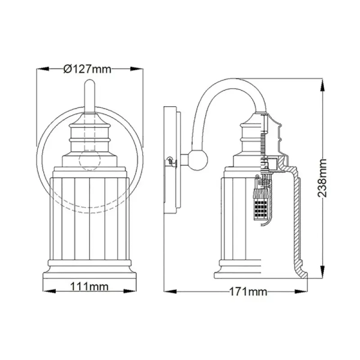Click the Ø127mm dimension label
pyautogui.click(x=88, y=68)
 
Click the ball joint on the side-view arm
pyautogui.click(x=196, y=160)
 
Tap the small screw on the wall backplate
pyautogui.click(x=169, y=160)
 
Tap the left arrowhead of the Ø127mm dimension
pyautogui.click(x=40, y=69)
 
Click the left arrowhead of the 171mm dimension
pyautogui.click(x=167, y=293)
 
